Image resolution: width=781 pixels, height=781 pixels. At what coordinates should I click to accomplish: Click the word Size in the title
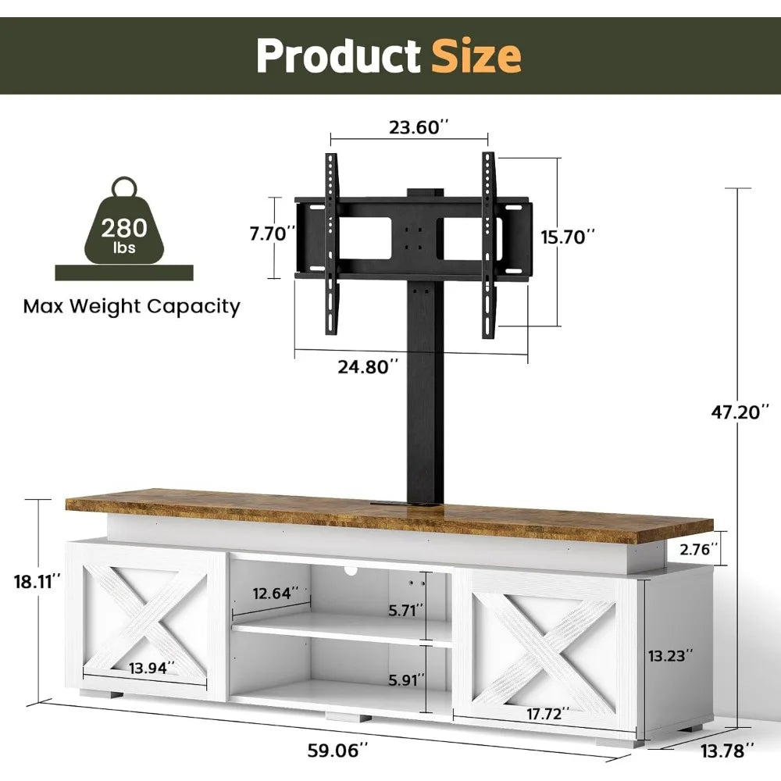coord(477,56)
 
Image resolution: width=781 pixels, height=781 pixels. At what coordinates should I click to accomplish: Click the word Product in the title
coord(338,56)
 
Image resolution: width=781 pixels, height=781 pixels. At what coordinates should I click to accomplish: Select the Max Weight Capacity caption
coord(131,306)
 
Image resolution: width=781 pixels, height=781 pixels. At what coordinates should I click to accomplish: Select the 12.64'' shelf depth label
coord(269,594)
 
